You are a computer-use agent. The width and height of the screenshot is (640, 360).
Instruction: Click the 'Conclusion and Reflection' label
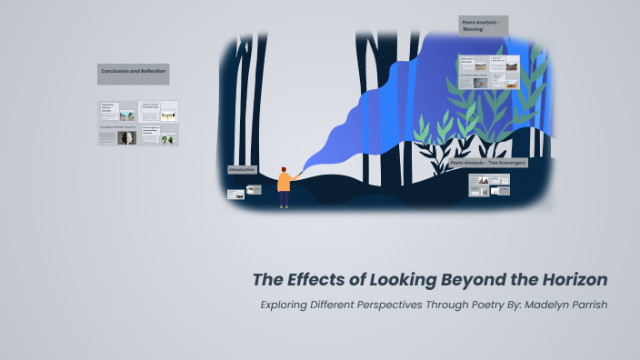[133, 72]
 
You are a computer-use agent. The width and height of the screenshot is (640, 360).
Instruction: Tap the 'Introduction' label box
[242, 170]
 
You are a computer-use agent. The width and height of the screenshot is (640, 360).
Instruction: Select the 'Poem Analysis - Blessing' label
[482, 25]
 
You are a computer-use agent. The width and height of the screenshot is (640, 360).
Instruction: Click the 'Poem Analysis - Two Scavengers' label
[488, 164]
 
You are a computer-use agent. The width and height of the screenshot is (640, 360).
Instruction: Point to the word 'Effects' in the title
[320, 279]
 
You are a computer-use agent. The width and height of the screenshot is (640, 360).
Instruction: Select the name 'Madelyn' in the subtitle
[535, 305]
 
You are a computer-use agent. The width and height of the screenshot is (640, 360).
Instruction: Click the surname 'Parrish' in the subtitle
[586, 305]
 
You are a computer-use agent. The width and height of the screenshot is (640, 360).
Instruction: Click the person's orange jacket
[284, 183]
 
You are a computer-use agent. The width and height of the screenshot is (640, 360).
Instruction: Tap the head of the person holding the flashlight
[283, 169]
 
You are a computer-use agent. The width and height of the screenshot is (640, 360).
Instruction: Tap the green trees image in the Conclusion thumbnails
[168, 139]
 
